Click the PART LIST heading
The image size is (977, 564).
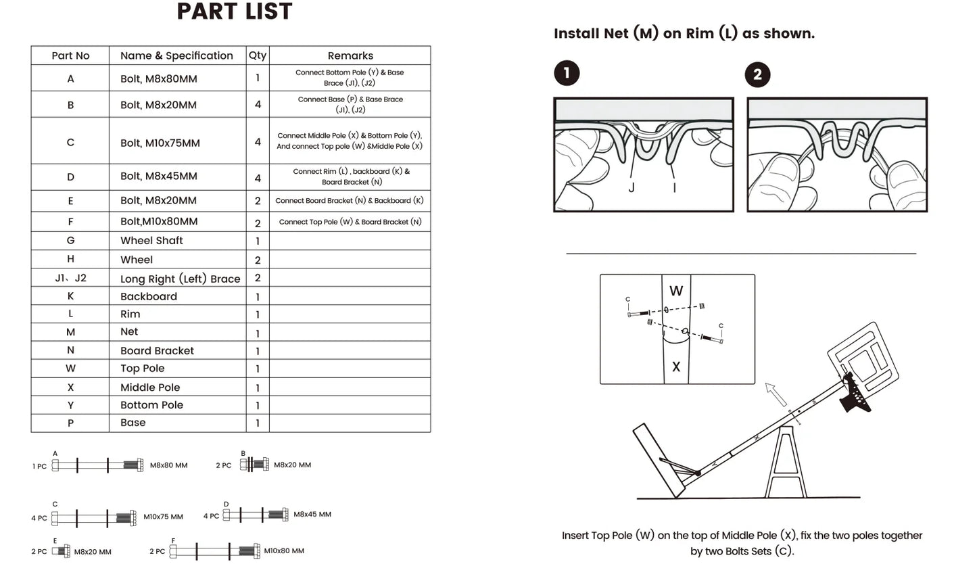(235, 11)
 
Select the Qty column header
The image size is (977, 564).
(257, 55)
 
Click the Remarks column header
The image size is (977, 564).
(350, 55)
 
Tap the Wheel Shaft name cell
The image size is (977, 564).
(151, 241)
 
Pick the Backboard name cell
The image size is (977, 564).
(149, 296)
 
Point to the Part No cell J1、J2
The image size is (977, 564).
(70, 278)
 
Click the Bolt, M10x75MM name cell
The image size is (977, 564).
(160, 143)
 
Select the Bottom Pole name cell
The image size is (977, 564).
(151, 405)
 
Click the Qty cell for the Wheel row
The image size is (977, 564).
(258, 260)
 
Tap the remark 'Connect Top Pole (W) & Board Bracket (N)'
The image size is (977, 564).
(350, 222)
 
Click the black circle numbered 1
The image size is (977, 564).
(567, 73)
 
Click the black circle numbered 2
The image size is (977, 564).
(757, 74)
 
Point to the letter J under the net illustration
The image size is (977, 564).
(632, 188)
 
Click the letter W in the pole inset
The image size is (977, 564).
(676, 291)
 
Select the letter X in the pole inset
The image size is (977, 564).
(676, 367)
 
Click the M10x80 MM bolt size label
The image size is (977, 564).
(284, 551)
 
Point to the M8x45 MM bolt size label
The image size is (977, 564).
(312, 515)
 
